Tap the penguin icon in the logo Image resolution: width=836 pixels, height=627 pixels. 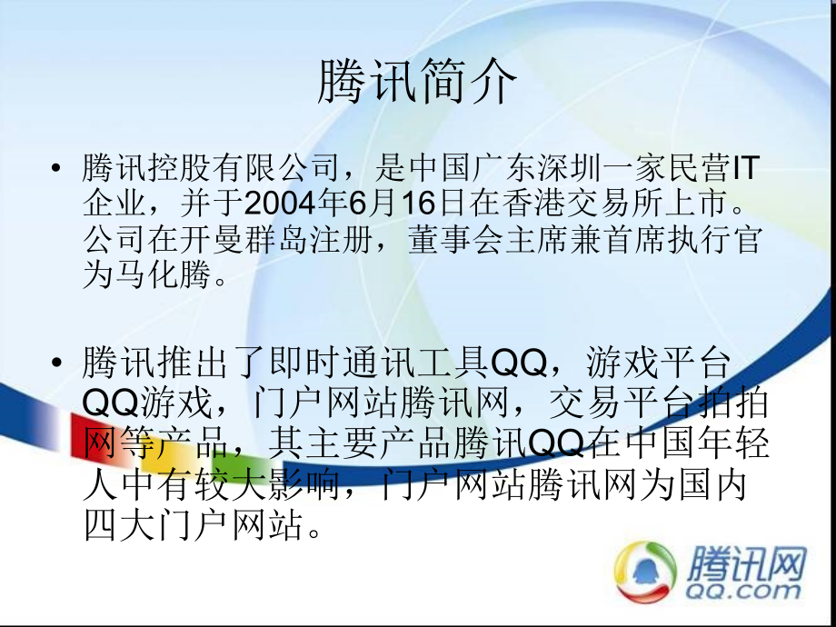[x=646, y=571]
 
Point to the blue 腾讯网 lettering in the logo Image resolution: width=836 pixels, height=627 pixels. [x=746, y=562]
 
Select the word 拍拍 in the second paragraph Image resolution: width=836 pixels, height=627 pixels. [x=713, y=401]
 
